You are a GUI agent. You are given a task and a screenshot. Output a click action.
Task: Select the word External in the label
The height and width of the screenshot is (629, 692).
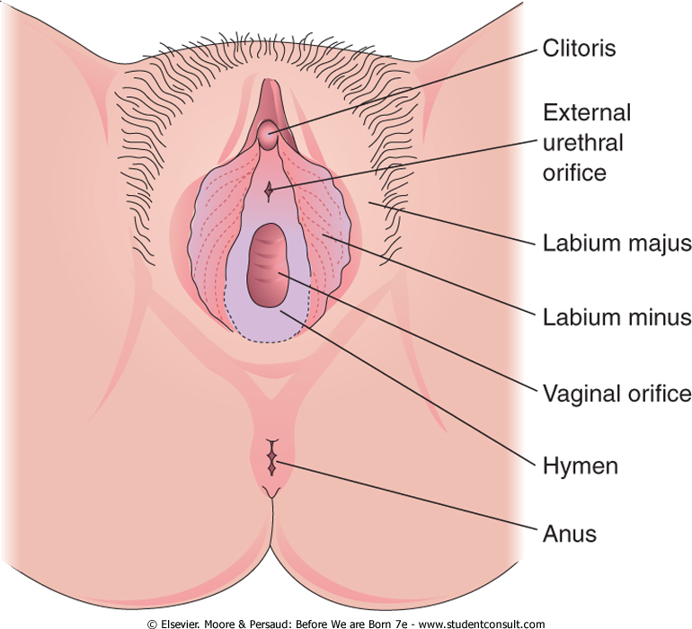(x=585, y=113)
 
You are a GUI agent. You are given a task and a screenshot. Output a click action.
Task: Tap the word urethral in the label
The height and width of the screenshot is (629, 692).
(x=582, y=142)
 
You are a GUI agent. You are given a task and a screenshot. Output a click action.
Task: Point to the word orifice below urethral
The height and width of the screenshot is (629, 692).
(x=574, y=172)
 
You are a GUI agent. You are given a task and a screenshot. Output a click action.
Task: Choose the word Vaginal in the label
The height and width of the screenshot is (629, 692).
(x=575, y=393)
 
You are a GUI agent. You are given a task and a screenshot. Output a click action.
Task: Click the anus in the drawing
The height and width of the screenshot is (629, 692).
(x=271, y=460)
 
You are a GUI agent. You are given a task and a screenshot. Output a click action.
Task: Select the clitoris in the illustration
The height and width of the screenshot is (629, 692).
(x=266, y=136)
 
